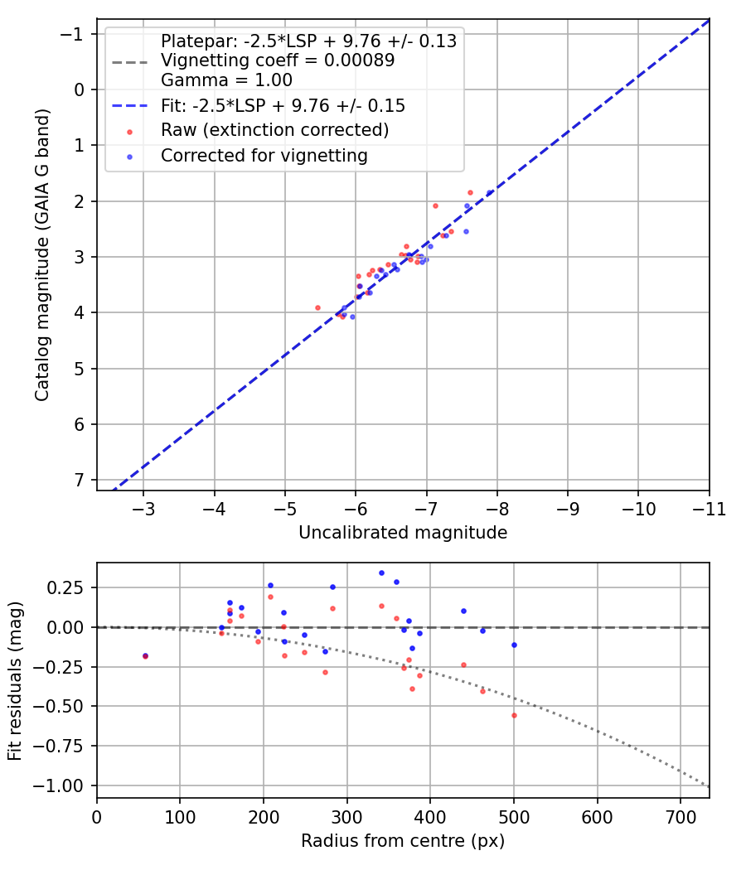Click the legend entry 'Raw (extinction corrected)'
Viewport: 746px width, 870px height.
tap(274, 130)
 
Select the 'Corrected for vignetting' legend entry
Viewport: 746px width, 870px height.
tap(264, 155)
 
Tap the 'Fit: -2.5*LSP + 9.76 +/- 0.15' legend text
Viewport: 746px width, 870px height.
tap(283, 106)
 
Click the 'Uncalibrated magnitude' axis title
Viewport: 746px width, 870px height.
tap(403, 533)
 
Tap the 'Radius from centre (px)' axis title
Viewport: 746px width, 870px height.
tap(403, 841)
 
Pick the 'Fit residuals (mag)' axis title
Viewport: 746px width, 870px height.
tap(15, 681)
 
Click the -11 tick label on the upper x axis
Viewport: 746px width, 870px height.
tap(709, 508)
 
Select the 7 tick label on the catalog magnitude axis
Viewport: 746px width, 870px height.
tap(80, 481)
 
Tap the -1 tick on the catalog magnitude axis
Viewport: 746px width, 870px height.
tap(75, 34)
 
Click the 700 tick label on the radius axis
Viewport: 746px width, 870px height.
tap(680, 816)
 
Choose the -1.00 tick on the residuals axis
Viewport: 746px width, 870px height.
tap(64, 785)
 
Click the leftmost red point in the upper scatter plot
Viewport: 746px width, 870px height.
tap(317, 307)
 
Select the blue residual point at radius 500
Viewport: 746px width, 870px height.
tap(514, 645)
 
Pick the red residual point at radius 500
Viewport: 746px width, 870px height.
tap(514, 715)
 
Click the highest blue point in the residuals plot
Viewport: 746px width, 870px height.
tap(381, 573)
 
